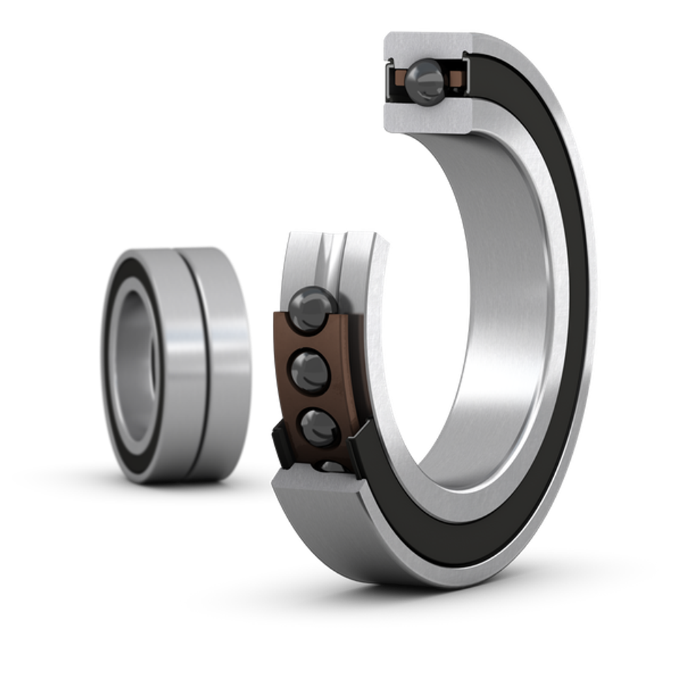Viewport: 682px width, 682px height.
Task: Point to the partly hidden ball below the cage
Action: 332,467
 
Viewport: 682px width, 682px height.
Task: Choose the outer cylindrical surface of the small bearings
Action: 218,361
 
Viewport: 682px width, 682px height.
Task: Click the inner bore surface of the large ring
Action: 505,307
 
